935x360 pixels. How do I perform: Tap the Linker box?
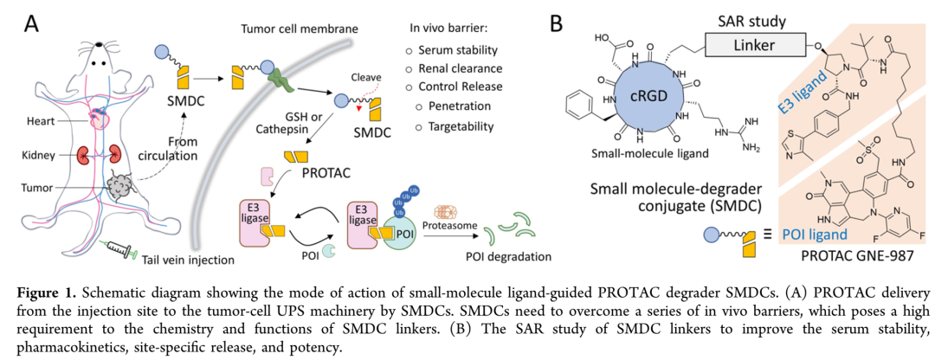pyautogui.click(x=755, y=42)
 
